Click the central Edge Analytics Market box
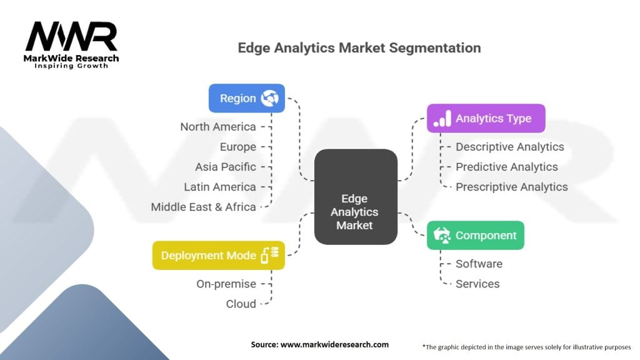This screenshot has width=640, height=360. click(355, 196)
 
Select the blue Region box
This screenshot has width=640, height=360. click(246, 98)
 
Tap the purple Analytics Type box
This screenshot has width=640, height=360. click(486, 118)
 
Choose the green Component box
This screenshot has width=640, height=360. click(475, 236)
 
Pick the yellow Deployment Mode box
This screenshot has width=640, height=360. click(218, 255)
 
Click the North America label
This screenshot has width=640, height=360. click(218, 127)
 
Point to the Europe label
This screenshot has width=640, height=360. click(238, 147)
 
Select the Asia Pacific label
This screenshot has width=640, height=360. click(226, 167)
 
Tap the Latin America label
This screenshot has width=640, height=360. click(220, 187)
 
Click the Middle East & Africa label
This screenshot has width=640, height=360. click(204, 207)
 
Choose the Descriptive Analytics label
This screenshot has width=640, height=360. click(509, 147)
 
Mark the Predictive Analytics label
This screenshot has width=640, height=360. click(506, 167)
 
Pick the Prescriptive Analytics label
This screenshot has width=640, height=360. click(511, 187)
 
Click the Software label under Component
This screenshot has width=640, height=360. click(479, 264)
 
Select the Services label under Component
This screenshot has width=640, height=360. click(477, 284)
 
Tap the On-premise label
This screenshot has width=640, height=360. click(226, 284)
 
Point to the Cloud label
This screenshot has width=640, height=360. click(241, 304)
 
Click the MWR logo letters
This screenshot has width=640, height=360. click(71, 37)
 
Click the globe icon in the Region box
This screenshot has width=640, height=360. click(271, 98)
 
